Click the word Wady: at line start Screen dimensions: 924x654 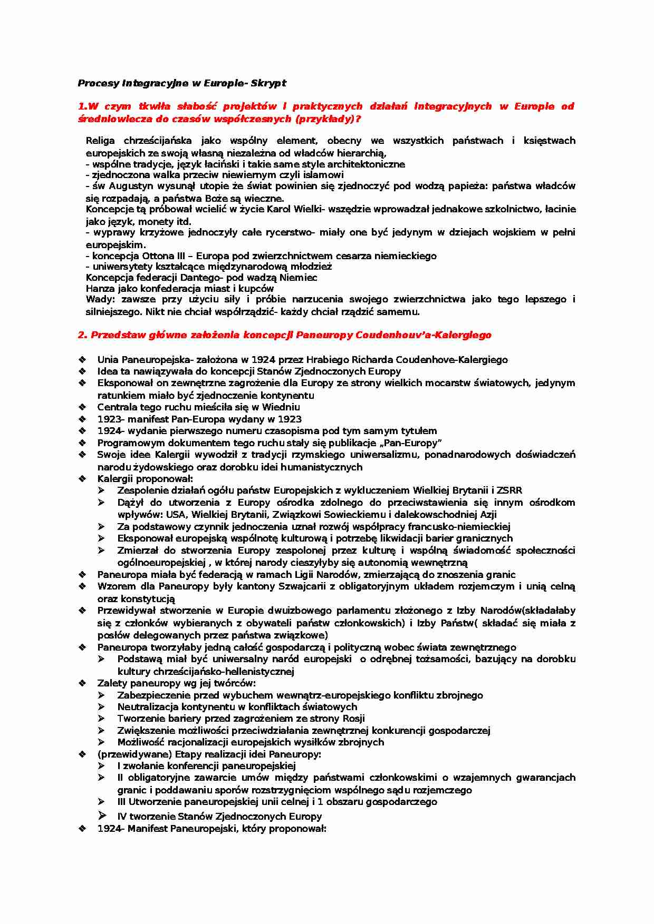click(x=100, y=299)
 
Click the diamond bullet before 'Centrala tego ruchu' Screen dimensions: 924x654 click(x=82, y=407)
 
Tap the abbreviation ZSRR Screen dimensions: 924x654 click(x=509, y=490)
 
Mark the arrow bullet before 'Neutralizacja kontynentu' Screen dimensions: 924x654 click(x=101, y=707)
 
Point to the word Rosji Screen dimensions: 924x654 click(x=353, y=719)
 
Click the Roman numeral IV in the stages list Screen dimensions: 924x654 click(x=122, y=817)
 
